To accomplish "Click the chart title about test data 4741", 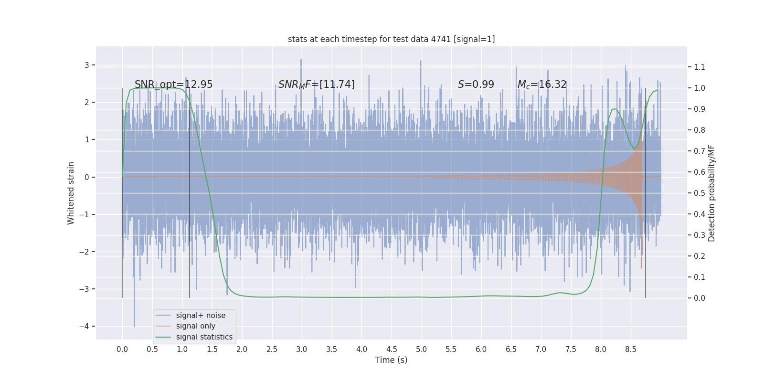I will (391, 39).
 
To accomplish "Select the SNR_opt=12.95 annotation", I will (173, 85).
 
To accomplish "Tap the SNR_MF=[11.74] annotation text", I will (316, 85).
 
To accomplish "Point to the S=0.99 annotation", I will (476, 85).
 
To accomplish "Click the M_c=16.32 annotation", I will (542, 85).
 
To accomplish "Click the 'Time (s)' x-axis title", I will (391, 360).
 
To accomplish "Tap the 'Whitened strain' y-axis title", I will (71, 193).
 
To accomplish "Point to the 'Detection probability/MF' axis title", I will (711, 193).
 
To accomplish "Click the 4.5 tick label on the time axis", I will (392, 350).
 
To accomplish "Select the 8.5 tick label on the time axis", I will (630, 350).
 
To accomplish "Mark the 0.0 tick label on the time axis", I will (122, 350).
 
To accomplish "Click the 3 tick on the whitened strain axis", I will (87, 65).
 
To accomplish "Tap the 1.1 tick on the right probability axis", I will (700, 67).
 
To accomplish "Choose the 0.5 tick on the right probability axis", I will (700, 193).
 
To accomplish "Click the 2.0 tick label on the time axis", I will (242, 350).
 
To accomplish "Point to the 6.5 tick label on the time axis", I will (511, 350).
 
